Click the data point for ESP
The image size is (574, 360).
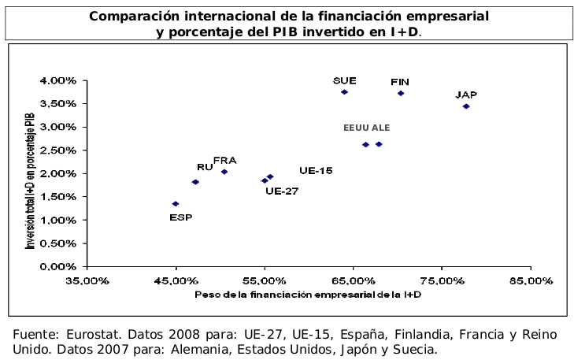point(176,204)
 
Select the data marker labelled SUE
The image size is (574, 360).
point(344,92)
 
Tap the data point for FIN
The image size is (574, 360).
point(401,93)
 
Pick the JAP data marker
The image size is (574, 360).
point(466,106)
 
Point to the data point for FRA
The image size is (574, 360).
point(224,172)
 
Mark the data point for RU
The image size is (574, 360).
point(195,182)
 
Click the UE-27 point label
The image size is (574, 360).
point(282,191)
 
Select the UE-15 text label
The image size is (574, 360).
point(316,170)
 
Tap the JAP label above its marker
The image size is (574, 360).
point(466,95)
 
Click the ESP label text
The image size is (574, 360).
point(180,217)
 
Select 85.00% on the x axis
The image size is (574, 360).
point(530,280)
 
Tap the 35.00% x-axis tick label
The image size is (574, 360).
point(87,280)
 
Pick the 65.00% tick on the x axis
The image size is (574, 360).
point(353,280)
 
